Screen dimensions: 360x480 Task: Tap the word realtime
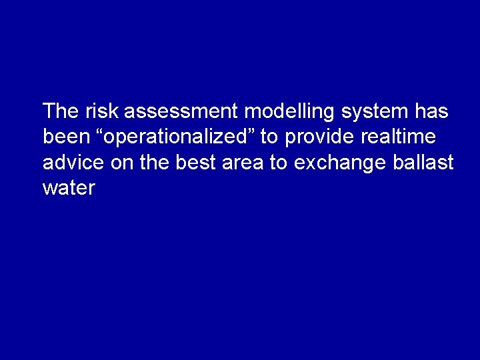pyautogui.click(x=399, y=137)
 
